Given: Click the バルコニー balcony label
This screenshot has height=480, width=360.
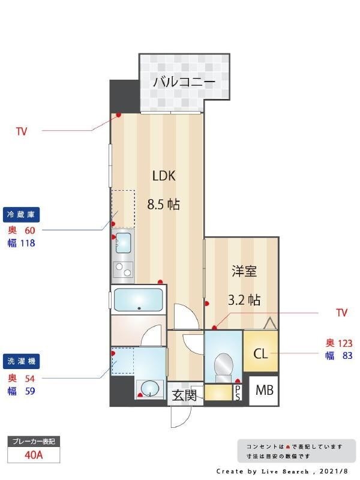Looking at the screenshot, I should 184,82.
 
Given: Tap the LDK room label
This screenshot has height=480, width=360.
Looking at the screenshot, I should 163,176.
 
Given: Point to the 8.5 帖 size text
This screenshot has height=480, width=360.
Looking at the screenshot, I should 164,204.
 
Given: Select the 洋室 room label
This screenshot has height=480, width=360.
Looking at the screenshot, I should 245,271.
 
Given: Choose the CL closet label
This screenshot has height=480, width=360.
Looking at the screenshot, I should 260,353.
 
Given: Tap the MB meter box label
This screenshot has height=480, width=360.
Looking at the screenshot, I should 265,391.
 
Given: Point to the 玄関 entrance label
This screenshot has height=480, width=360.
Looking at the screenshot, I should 184,395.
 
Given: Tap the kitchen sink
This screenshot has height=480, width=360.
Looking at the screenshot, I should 123,242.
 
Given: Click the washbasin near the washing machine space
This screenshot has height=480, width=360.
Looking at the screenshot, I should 149,389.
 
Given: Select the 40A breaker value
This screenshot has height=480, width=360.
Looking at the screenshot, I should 34,455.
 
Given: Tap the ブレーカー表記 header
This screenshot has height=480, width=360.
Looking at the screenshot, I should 34,442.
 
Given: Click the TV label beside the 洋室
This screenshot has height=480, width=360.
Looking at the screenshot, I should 341,313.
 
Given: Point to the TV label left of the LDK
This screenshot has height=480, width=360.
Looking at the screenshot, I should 22,131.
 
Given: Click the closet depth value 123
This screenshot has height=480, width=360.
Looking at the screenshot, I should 344,343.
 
